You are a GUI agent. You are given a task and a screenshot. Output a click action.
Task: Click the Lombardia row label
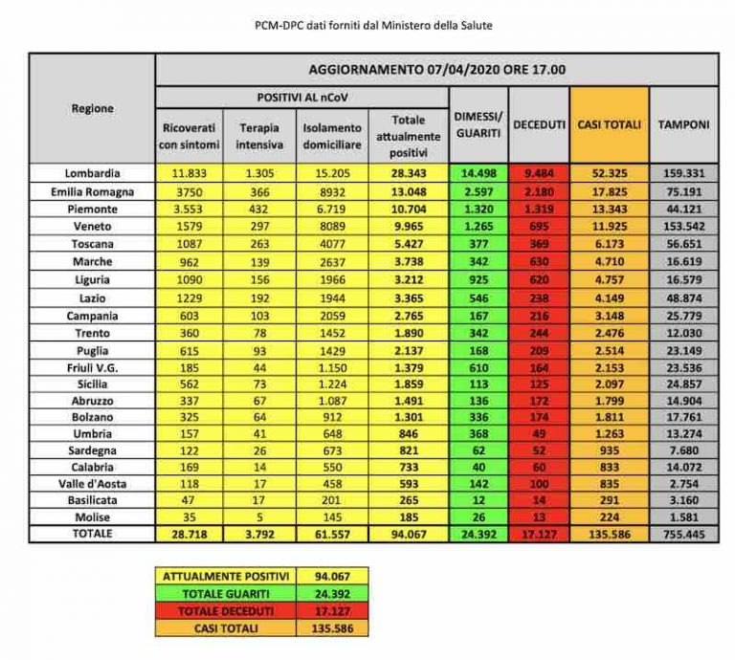[92, 173]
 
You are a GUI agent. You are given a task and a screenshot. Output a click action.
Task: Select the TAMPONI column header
[683, 124]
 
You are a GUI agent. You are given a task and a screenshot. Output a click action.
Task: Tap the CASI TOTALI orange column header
[609, 124]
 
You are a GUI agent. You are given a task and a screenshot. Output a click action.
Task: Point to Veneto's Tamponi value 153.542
[684, 227]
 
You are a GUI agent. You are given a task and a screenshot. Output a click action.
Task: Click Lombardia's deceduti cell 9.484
[539, 173]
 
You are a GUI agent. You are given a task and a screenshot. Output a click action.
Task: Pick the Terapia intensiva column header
[259, 137]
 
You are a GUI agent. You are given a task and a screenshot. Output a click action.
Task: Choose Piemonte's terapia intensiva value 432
[259, 209]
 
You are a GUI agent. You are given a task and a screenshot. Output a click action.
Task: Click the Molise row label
[92, 517]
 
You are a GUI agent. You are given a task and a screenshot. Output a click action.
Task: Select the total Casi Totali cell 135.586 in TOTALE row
[610, 534]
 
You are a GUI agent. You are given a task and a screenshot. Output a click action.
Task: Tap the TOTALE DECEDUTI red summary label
[226, 611]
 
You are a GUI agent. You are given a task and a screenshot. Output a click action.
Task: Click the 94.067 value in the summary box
[332, 576]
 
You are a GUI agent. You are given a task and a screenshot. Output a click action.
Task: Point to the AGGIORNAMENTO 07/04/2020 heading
[436, 70]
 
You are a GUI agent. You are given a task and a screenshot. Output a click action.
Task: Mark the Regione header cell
[92, 109]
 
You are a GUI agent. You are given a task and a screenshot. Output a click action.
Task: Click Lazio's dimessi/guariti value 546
[479, 298]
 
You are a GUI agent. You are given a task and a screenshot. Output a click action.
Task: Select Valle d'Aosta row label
[92, 484]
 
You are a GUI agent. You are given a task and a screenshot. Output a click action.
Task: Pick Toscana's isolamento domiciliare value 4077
[332, 244]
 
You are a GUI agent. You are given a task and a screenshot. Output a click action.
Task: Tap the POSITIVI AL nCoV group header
[302, 98]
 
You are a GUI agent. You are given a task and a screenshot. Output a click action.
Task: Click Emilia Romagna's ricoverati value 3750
[189, 192]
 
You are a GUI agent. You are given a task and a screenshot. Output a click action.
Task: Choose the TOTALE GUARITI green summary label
[226, 594]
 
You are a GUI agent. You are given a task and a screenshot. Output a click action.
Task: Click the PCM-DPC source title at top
[373, 25]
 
